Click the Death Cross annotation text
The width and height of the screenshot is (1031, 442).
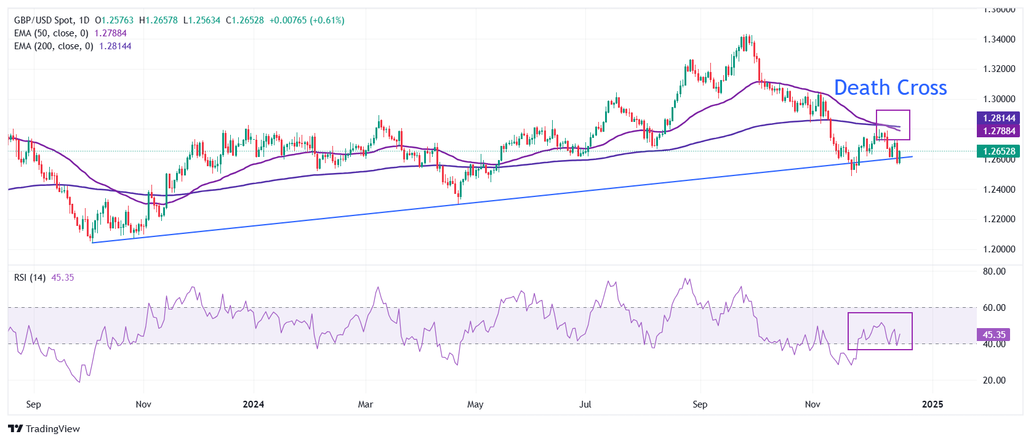click(x=890, y=88)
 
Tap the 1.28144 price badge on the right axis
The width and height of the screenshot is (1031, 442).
click(x=998, y=118)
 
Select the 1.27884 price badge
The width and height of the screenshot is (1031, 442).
click(x=998, y=131)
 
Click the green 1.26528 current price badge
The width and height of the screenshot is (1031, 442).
click(x=998, y=151)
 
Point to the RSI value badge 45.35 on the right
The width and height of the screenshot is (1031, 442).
click(x=993, y=335)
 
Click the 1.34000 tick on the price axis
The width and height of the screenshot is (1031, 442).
click(x=999, y=39)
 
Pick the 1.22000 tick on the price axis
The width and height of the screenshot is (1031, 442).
click(x=999, y=219)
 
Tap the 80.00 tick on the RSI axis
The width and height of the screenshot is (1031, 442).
click(x=994, y=271)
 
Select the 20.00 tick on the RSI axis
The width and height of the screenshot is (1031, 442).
click(x=994, y=380)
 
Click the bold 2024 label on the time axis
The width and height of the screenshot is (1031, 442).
click(x=253, y=404)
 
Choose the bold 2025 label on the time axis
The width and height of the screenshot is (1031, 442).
click(x=933, y=404)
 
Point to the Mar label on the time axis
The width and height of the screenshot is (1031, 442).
click(x=366, y=404)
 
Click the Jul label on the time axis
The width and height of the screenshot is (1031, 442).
click(x=585, y=404)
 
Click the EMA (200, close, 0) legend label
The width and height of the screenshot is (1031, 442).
click(x=54, y=46)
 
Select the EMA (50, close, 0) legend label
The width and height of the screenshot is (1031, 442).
click(x=51, y=33)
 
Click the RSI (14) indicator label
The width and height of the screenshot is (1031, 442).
click(x=30, y=278)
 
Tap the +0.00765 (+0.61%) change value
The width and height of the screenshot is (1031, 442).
click(x=307, y=20)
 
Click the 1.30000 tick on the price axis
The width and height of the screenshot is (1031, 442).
click(x=999, y=99)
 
